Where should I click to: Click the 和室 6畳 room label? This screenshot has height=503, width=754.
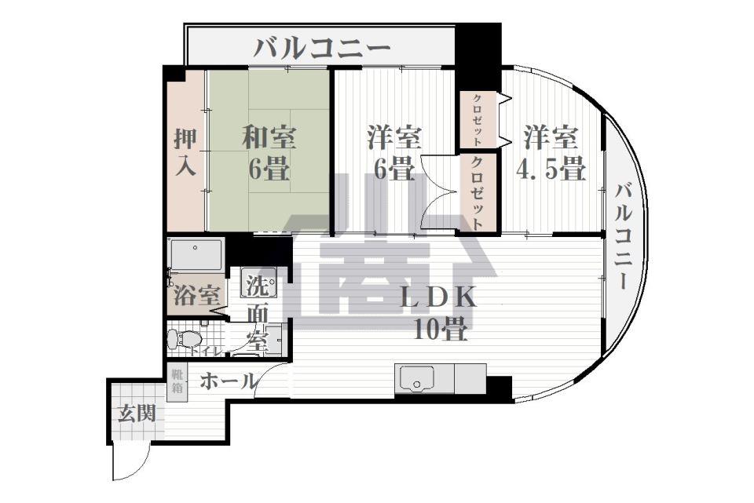(269, 152)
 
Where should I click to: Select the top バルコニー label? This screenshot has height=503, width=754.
(321, 49)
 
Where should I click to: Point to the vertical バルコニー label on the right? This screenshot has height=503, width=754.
(624, 235)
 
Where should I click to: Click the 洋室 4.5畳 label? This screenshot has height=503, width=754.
(551, 152)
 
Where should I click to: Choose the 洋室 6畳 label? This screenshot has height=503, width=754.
(394, 152)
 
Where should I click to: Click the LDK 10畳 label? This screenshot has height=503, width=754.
(439, 312)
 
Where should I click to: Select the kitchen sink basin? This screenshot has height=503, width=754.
(417, 377)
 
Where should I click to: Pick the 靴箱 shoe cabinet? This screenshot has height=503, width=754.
(177, 381)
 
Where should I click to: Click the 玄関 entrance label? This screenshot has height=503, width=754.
(137, 414)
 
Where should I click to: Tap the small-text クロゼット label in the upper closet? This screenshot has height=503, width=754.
(478, 119)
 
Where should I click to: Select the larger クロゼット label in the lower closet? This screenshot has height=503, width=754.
(478, 193)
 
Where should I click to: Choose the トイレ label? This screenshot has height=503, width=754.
(205, 352)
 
